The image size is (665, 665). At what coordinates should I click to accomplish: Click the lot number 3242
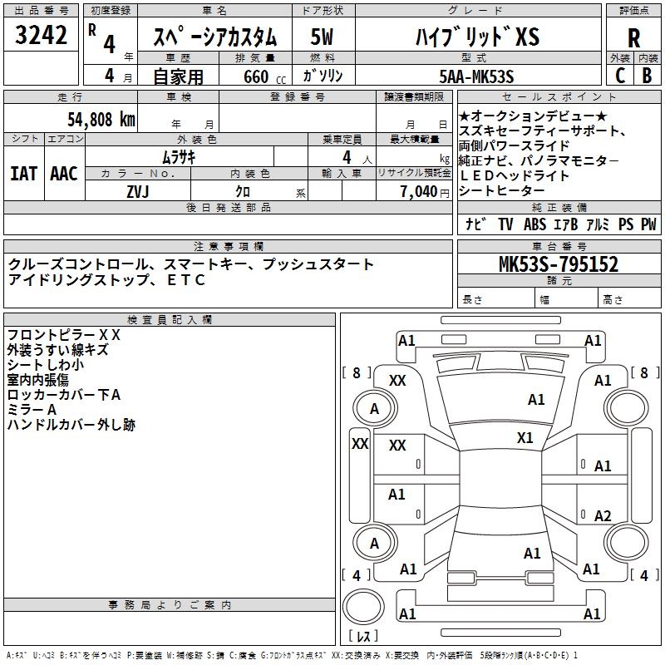click(x=41, y=36)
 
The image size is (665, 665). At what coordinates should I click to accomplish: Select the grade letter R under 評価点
click(x=633, y=37)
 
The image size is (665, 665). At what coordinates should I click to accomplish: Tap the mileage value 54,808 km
click(x=100, y=120)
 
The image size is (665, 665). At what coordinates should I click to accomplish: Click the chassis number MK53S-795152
click(x=559, y=264)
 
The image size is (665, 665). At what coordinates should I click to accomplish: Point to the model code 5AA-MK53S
click(x=476, y=76)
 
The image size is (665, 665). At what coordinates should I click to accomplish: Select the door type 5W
click(x=323, y=37)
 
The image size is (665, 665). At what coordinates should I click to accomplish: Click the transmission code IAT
click(x=23, y=173)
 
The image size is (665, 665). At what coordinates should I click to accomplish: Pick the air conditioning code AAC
click(x=63, y=173)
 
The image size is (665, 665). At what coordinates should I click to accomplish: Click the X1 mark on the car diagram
click(x=525, y=438)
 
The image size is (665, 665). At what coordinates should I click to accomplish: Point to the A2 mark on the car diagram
click(x=603, y=515)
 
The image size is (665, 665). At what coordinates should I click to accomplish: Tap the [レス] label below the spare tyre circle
click(x=363, y=636)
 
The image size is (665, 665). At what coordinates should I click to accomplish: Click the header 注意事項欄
click(x=228, y=247)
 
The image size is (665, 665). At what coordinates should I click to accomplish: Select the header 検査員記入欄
click(x=170, y=320)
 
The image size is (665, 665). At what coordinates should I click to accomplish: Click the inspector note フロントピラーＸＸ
click(x=64, y=335)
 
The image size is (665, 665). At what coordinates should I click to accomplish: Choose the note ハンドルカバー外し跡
click(x=71, y=425)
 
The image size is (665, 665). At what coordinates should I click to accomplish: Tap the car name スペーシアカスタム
click(x=214, y=37)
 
